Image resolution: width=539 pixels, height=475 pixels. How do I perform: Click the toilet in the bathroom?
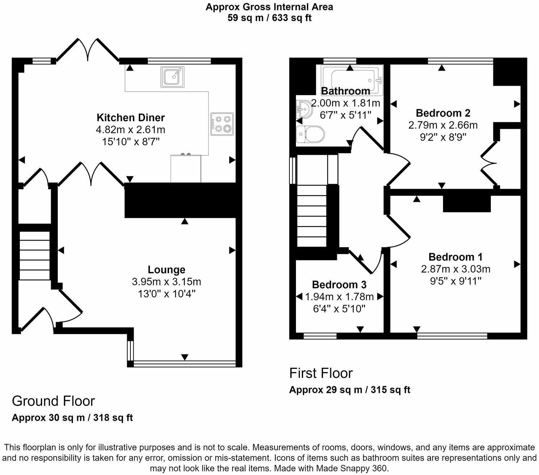pos(310,135)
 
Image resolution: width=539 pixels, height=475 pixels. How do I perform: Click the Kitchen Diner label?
pos(130,118)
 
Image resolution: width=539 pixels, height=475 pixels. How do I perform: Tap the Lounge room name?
pos(166,270)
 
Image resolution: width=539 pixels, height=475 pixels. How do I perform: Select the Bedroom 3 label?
pos(339,285)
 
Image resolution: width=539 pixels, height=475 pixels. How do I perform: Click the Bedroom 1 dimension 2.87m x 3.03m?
pos(455,269)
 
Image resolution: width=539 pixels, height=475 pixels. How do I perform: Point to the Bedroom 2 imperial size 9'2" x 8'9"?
pos(443,137)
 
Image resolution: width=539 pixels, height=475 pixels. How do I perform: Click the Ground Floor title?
pos(53,401)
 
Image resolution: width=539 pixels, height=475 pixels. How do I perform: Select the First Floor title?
pos(321,373)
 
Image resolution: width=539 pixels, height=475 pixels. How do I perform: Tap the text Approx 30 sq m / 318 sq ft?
pos(72,418)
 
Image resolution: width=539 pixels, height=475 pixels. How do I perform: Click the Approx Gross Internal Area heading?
pos(269,7)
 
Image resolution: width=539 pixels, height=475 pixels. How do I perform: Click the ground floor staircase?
pos(34,256)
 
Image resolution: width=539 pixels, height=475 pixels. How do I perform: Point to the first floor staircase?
pos(312,215)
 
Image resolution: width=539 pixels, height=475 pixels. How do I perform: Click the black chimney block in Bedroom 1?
pos(467,203)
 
